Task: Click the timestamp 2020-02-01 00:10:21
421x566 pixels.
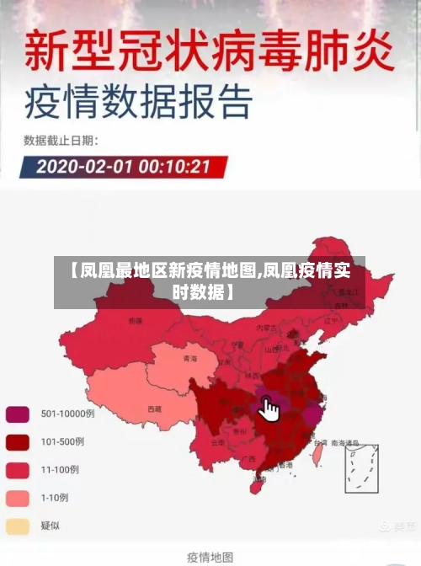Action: [x=123, y=165]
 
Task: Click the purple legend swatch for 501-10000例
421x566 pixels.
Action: [x=18, y=414]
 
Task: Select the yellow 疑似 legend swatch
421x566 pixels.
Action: [x=18, y=526]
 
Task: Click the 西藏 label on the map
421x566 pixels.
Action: [x=154, y=409]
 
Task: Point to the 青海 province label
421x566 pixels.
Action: [x=189, y=359]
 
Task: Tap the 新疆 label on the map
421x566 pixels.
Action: [x=136, y=320]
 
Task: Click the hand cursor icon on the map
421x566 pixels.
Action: [x=269, y=410]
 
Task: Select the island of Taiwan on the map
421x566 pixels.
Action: [x=317, y=455]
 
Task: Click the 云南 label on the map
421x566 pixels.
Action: [x=217, y=442]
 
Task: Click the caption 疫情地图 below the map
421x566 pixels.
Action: [x=210, y=556]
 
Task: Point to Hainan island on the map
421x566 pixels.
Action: [x=256, y=485]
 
